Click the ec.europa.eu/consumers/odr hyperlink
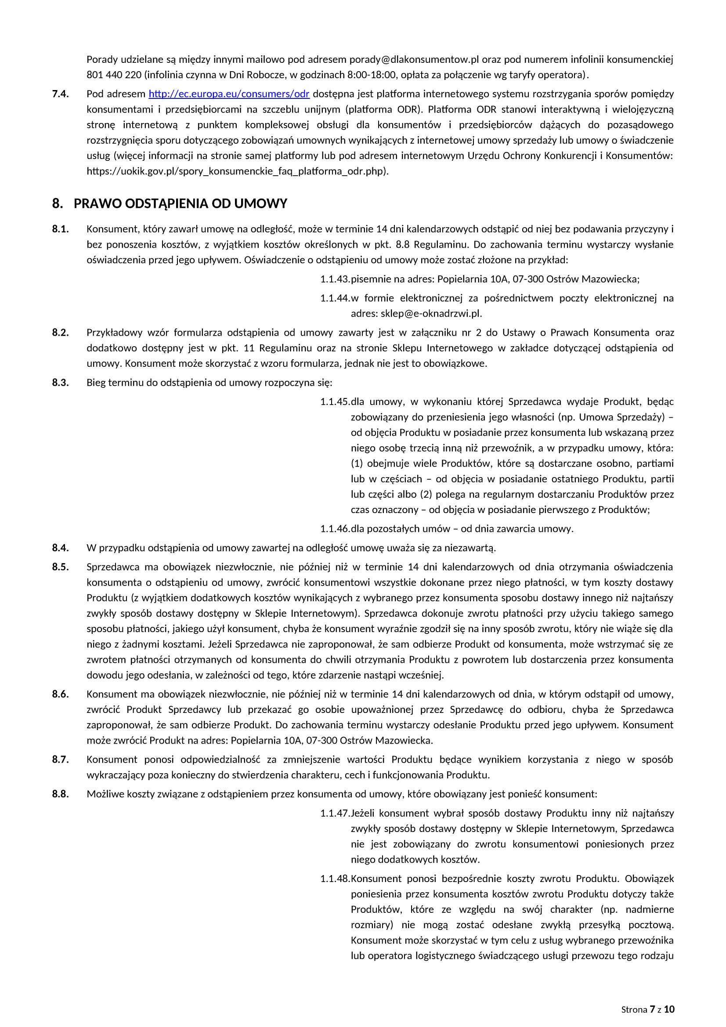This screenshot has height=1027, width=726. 229,94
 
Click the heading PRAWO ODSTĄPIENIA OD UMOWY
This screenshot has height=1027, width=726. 180,204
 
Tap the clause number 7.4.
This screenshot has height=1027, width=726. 60,94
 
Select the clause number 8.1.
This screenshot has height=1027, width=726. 60,229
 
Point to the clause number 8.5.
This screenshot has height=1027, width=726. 60,567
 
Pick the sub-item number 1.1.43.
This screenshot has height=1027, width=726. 335,279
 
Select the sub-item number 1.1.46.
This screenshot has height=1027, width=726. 335,529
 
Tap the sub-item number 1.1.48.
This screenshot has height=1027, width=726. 335,879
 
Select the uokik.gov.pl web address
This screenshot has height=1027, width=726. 238,171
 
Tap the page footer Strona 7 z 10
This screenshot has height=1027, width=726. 648,997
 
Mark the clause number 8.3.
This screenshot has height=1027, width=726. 60,383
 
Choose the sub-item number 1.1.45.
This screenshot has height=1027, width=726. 335,401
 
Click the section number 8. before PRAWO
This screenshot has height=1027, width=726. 57,204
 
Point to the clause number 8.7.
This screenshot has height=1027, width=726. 60,759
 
